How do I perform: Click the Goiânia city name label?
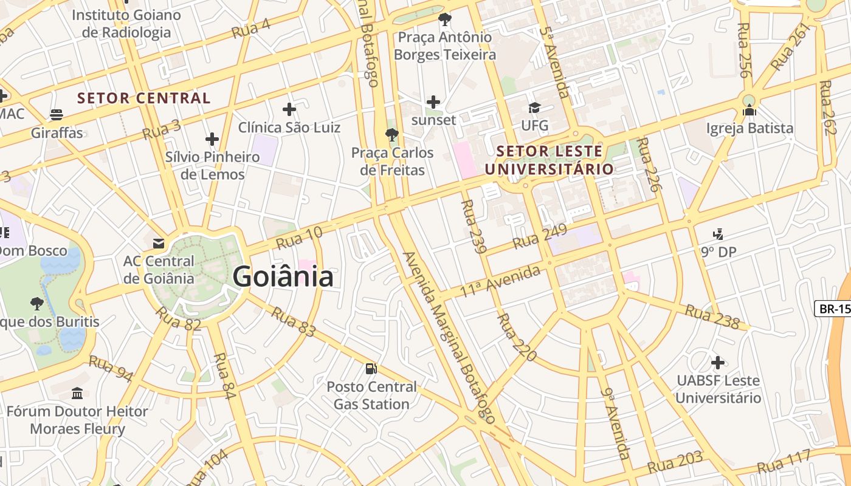pyautogui.click(x=283, y=277)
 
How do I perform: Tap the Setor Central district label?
pyautogui.click(x=144, y=98)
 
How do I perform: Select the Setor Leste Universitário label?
pyautogui.click(x=554, y=160)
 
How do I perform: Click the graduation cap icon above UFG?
pyautogui.click(x=534, y=108)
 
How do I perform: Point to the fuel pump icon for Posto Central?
pyautogui.click(x=371, y=368)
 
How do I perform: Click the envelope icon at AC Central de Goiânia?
pyautogui.click(x=159, y=244)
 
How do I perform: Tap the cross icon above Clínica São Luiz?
pyautogui.click(x=289, y=109)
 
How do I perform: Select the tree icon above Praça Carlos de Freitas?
pyautogui.click(x=392, y=134)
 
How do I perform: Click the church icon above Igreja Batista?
pyautogui.click(x=749, y=110)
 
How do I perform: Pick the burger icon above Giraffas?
pyautogui.click(x=57, y=115)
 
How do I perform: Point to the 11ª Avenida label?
pyautogui.click(x=500, y=281)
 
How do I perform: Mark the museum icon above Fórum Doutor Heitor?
pyautogui.click(x=77, y=394)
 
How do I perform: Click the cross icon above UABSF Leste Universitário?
pyautogui.click(x=718, y=363)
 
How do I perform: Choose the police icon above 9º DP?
pyautogui.click(x=718, y=234)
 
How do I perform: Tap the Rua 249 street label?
pyautogui.click(x=540, y=236)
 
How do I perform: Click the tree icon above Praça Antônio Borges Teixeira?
pyautogui.click(x=445, y=19)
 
